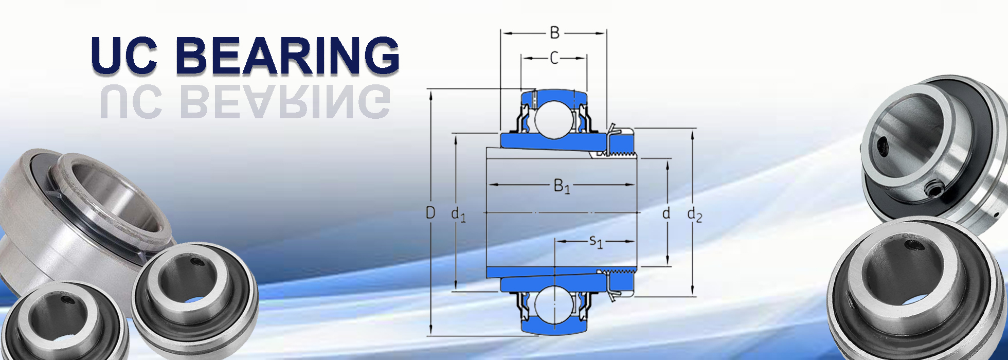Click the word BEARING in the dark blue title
288,55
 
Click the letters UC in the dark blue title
124,55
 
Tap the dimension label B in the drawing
554,33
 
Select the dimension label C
554,58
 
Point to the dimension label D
430,212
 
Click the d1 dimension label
458,214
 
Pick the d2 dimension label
694,214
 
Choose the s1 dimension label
596,241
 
